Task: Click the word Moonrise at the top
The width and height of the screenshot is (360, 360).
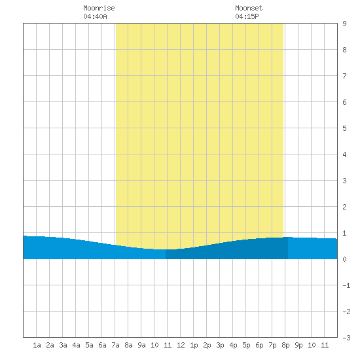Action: (x=99, y=8)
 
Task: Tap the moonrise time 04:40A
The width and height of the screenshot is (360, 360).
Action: (x=95, y=16)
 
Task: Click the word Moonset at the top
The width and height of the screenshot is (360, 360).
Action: (x=249, y=8)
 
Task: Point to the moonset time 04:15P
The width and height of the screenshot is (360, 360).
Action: (x=247, y=16)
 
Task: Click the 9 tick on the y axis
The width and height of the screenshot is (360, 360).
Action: (x=344, y=24)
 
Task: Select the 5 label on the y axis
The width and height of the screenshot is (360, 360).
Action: (x=344, y=128)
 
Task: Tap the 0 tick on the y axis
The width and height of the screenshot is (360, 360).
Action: (x=344, y=259)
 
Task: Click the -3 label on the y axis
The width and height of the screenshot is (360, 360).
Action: (x=346, y=338)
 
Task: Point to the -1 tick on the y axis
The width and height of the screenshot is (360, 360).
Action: (x=346, y=285)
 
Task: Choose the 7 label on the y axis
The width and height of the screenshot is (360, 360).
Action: (x=344, y=76)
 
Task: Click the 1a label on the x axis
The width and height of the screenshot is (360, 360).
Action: (x=37, y=345)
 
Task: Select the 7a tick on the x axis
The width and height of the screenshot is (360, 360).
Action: (x=115, y=345)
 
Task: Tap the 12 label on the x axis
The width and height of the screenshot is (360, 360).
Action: (x=181, y=345)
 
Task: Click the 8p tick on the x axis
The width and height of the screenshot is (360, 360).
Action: (x=285, y=345)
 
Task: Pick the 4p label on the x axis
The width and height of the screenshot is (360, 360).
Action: (x=233, y=345)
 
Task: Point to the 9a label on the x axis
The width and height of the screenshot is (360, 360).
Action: (x=141, y=345)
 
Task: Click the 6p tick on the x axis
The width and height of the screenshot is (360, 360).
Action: (x=259, y=345)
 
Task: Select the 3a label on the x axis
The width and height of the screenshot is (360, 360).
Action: (x=63, y=345)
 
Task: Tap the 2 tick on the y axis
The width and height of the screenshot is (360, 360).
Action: (x=344, y=207)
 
